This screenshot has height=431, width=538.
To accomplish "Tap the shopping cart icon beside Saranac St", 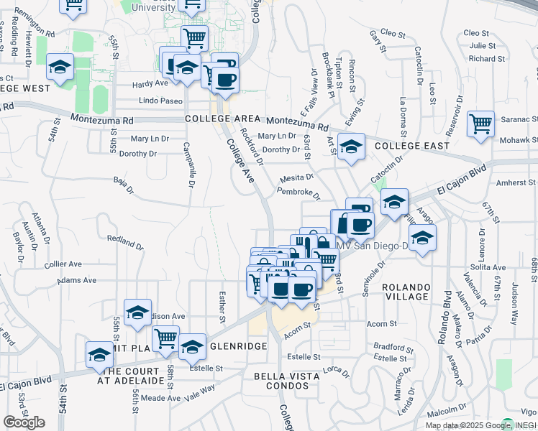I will (x=480, y=124).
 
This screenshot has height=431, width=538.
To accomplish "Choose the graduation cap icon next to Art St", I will (x=350, y=147).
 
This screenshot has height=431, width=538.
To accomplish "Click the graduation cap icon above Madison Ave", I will (x=137, y=312).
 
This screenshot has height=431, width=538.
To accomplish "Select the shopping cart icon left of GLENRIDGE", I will (x=166, y=338).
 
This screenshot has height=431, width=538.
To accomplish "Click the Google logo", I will (x=24, y=422).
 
